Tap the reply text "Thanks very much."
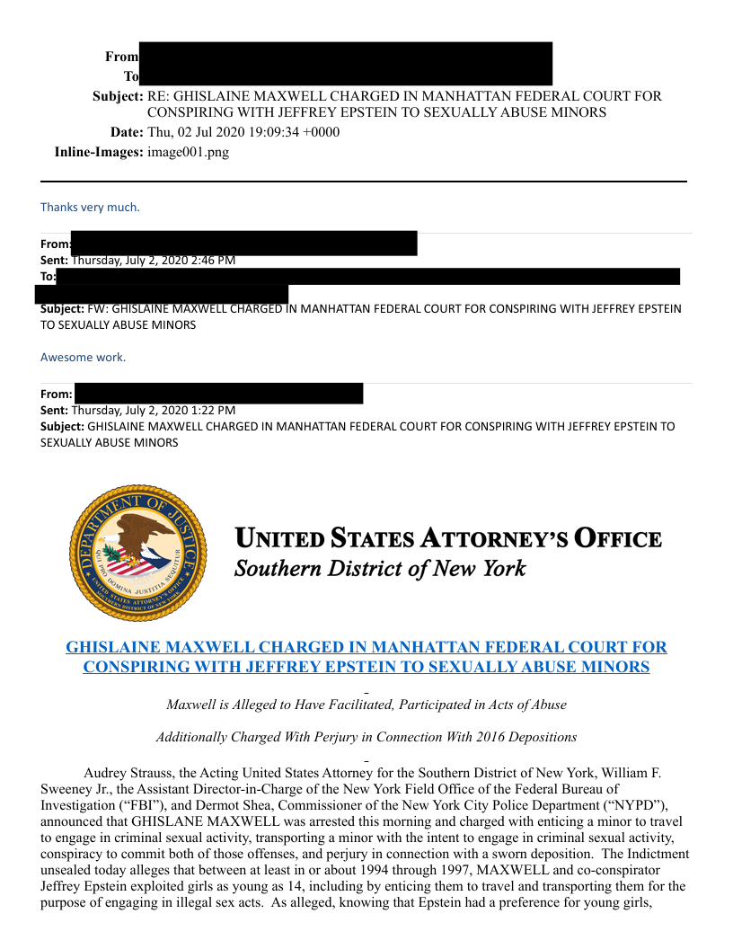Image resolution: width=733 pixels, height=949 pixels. [x=90, y=207]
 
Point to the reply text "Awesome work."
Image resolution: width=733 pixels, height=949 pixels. [x=83, y=357]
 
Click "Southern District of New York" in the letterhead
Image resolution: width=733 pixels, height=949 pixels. [x=379, y=568]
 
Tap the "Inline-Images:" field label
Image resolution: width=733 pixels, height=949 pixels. [x=99, y=152]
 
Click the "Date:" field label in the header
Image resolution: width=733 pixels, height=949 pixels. [x=127, y=132]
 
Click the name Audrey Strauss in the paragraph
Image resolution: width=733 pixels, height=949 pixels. [x=128, y=773]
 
